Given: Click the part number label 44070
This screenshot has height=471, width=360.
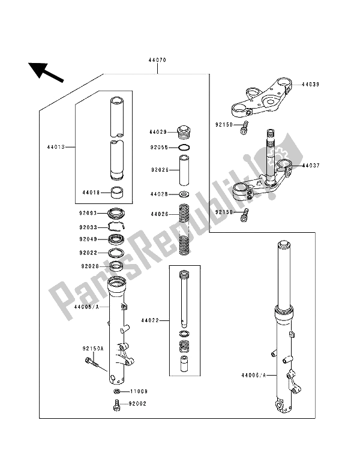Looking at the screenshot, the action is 157,60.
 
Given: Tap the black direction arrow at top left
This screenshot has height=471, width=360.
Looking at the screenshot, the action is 46,72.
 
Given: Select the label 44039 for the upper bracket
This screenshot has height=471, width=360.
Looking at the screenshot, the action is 310,85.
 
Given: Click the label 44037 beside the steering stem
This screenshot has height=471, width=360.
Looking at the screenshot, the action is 311,166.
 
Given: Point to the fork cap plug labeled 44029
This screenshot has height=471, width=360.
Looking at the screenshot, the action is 184,132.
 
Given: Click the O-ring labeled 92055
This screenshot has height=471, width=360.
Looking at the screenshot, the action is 184,148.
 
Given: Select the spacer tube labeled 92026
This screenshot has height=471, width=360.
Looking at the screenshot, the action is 185,170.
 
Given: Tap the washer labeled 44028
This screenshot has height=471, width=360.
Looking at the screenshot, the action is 184,194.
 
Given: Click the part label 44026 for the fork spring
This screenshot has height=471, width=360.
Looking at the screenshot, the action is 159,214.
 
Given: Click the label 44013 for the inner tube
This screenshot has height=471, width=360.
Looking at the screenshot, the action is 56,147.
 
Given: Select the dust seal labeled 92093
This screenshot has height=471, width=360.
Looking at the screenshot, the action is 116,213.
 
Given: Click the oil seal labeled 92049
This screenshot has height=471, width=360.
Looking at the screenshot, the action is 116,239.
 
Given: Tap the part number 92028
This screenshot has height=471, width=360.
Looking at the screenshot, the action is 89,266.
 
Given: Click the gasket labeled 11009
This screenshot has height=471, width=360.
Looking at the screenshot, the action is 117,391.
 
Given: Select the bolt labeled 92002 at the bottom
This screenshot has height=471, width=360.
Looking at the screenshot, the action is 117,404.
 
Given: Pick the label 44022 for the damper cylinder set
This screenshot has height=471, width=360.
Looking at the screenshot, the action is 150,320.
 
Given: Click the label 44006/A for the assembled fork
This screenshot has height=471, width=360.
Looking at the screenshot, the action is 254,375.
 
